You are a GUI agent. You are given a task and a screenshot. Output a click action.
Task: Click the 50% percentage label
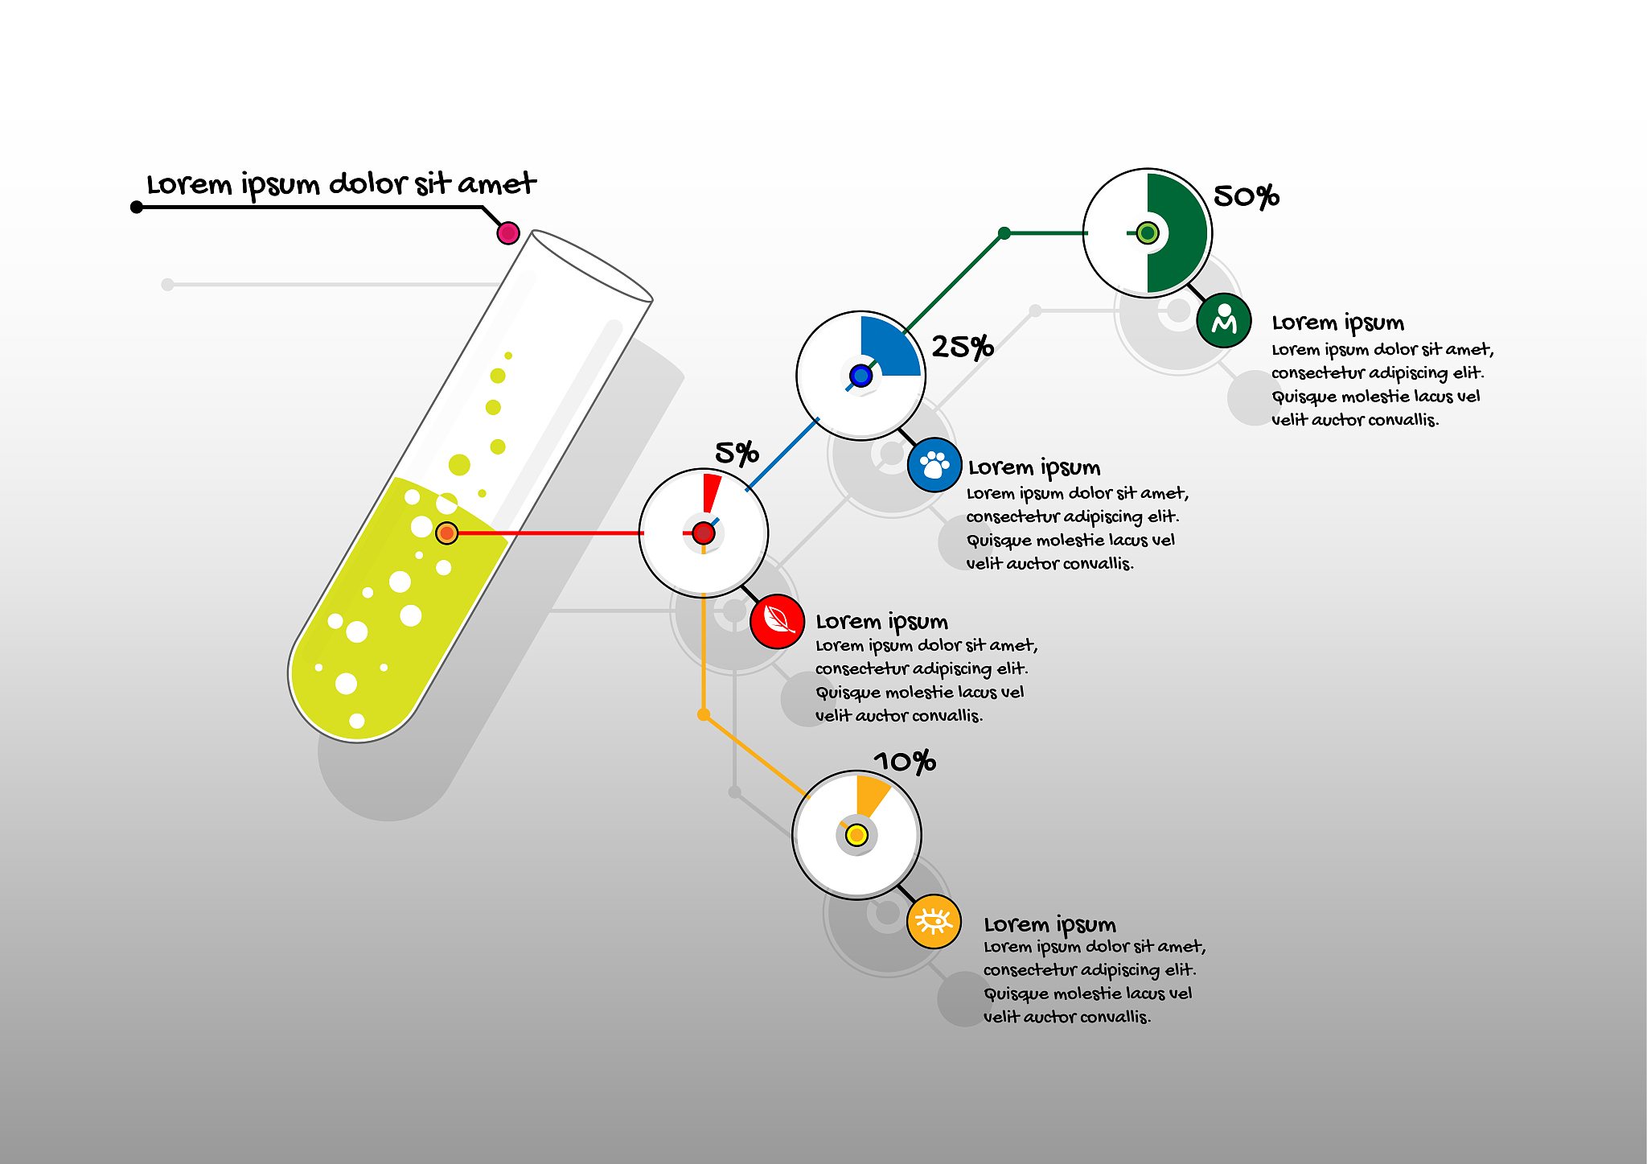tap(1246, 196)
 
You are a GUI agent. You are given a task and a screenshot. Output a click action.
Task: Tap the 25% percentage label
tap(963, 347)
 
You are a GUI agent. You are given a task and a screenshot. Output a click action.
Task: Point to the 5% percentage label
tap(737, 454)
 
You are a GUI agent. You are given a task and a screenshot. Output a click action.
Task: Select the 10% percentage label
tap(905, 761)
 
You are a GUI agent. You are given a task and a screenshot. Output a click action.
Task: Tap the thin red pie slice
tap(711, 492)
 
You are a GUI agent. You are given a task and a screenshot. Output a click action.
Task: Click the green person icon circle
tap(1224, 320)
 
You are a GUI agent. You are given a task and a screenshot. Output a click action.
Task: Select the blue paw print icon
tap(934, 465)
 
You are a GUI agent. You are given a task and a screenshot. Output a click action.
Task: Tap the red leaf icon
tap(778, 621)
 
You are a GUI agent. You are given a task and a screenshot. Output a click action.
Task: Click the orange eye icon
tap(934, 921)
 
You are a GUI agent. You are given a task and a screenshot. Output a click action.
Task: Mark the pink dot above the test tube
tap(508, 233)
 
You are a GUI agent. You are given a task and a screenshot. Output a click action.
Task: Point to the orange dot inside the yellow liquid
tap(446, 533)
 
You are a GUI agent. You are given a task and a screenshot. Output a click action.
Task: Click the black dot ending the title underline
tap(137, 208)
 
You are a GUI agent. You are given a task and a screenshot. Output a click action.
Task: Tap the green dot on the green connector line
tap(1004, 233)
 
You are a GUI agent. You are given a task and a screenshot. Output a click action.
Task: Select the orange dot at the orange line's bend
tap(704, 714)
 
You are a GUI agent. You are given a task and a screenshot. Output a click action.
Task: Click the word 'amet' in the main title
tap(497, 184)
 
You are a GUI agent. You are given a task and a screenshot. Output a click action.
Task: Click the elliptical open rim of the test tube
tap(591, 265)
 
